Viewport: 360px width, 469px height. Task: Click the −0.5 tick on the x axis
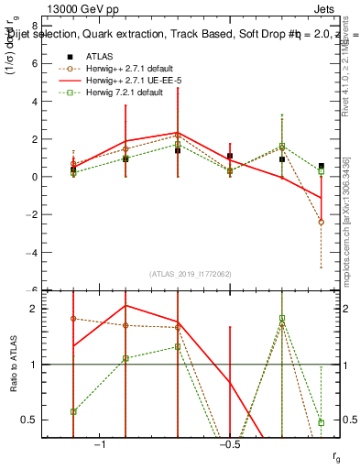pos(230,443)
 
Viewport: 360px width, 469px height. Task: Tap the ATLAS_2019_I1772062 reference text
pos(191,274)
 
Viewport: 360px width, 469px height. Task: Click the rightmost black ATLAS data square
pos(322,166)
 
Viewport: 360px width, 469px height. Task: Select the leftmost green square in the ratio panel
pos(73,411)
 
